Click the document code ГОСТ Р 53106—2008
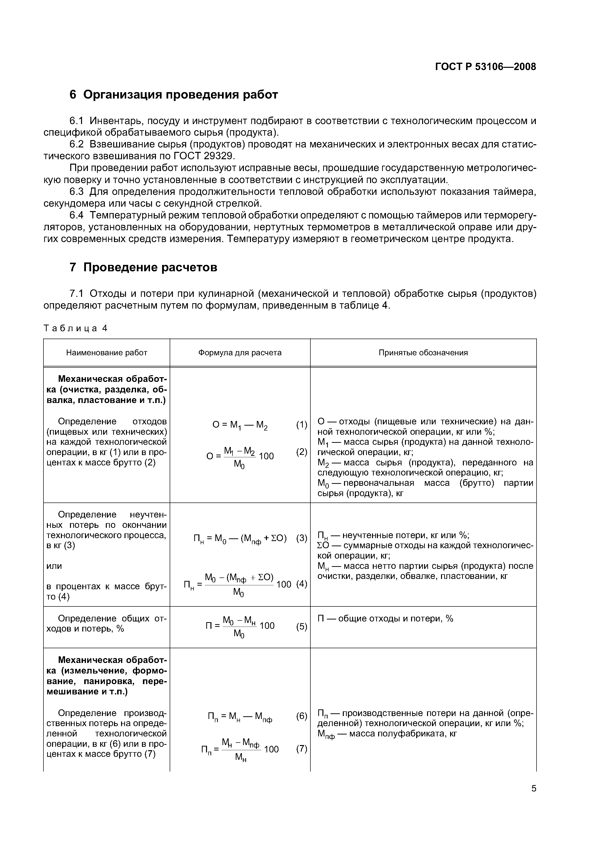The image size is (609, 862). click(485, 67)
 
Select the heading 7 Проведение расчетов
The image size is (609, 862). click(143, 267)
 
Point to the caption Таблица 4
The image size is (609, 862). click(75, 328)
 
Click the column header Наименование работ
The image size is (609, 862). click(107, 353)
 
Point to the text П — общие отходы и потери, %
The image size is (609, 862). click(385, 618)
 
